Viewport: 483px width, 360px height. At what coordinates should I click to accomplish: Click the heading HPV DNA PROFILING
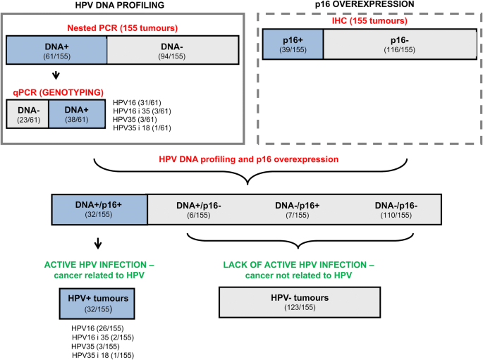(116, 6)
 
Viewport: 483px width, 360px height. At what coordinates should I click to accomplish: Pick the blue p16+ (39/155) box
(292, 44)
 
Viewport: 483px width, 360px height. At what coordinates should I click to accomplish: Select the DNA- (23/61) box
(27, 114)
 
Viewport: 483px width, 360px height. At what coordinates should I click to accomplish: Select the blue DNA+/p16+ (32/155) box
(99, 209)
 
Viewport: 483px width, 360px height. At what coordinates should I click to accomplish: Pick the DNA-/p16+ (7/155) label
(297, 209)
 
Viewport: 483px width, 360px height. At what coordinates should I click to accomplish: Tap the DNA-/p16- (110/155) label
(397, 209)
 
